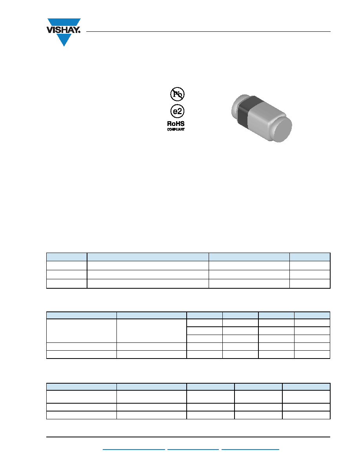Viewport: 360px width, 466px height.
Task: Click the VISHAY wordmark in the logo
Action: (63, 30)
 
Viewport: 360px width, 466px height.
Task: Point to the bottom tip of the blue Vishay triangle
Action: (64, 46)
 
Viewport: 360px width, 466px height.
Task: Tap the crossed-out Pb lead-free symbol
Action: (177, 94)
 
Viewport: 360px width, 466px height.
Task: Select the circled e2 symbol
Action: (177, 111)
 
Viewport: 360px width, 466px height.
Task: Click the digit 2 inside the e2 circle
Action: (180, 111)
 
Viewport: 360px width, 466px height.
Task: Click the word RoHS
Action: (176, 124)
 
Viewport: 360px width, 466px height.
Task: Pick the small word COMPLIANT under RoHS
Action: (176, 129)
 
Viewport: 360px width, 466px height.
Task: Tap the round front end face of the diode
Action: (282, 129)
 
